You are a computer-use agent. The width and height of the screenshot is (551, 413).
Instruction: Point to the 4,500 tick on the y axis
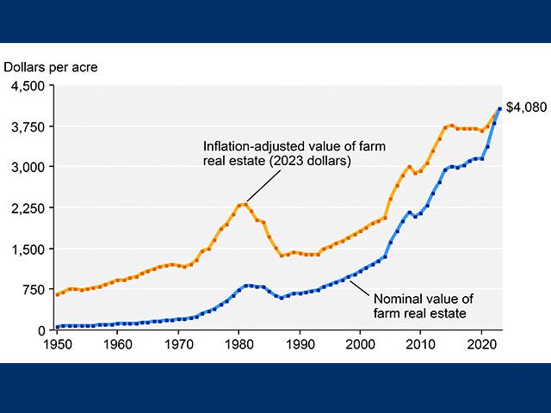[x=28, y=86]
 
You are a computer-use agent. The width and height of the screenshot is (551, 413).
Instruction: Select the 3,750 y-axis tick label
[x=28, y=126]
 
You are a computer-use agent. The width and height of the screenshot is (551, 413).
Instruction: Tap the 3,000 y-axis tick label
[x=28, y=167]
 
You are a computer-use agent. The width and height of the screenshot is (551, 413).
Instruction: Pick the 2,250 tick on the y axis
[x=28, y=208]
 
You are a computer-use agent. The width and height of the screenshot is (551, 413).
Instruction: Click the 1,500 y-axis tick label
[x=28, y=249]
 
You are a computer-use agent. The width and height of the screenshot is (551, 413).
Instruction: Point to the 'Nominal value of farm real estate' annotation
[x=419, y=305]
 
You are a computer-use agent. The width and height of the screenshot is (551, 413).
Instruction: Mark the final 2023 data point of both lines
[x=500, y=108]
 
